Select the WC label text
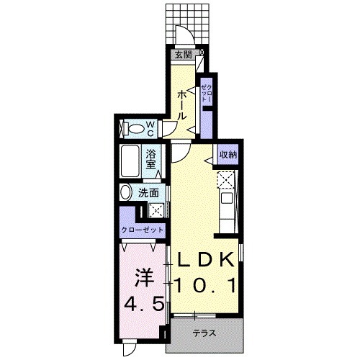point(150,128)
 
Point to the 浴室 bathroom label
point(151,157)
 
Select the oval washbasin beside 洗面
point(126,192)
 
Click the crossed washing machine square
point(156,210)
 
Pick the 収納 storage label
point(228,155)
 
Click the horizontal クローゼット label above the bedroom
point(142,230)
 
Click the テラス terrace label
point(204,333)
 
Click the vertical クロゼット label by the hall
point(207,94)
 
